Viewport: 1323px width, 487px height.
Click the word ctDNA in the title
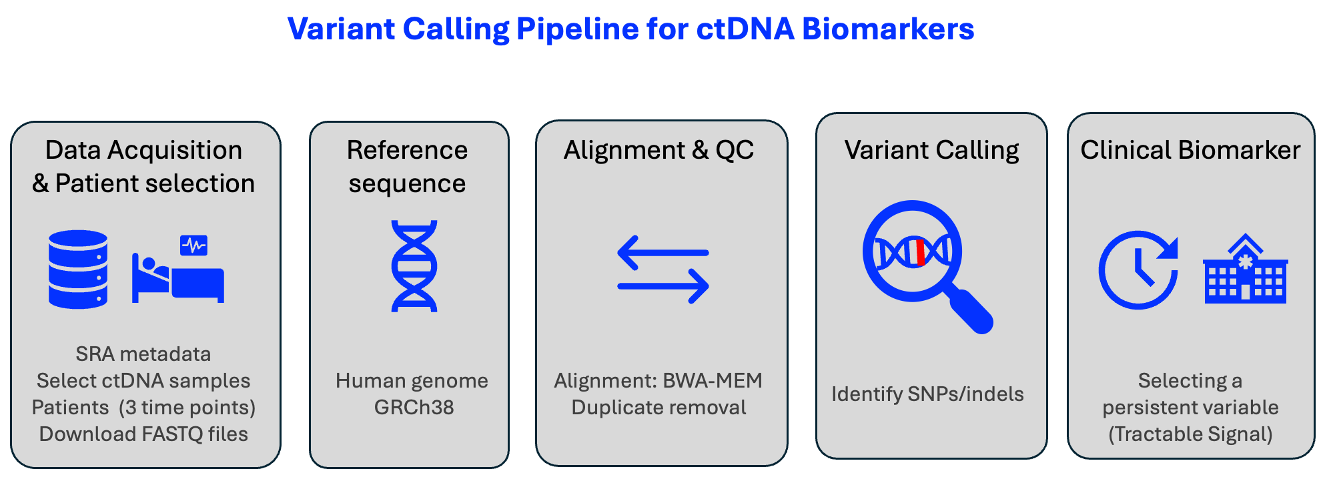tap(745, 29)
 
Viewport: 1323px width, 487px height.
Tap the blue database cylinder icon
tap(78, 270)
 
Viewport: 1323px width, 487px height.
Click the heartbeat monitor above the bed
tap(193, 246)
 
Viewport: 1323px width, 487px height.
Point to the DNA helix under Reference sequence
tap(414, 266)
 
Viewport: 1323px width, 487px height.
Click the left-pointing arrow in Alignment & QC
tap(662, 253)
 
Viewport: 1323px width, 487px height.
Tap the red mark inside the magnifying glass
tap(920, 253)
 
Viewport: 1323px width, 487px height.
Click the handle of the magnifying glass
tap(971, 311)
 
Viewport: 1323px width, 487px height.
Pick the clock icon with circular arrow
tap(1138, 270)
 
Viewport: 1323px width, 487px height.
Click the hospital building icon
tap(1245, 270)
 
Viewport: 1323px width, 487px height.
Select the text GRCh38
tap(414, 408)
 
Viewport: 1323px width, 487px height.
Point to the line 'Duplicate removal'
tap(658, 408)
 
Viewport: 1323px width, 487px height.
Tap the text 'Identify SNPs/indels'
tap(927, 394)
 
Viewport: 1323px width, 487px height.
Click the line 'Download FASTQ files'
tap(143, 434)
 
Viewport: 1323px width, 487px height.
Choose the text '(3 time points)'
tap(187, 408)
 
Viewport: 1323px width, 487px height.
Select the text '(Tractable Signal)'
tap(1190, 434)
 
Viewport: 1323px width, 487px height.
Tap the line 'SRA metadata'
tap(143, 354)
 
